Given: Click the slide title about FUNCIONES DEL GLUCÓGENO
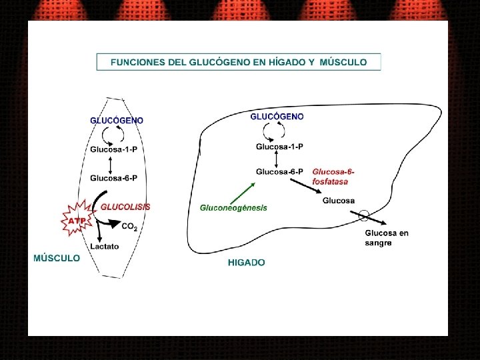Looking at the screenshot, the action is pyautogui.click(x=239, y=62).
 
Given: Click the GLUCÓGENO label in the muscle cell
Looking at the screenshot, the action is pyautogui.click(x=117, y=120).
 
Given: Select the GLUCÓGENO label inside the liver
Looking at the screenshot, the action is pyautogui.click(x=277, y=116).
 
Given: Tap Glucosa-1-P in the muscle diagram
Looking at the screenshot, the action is pyautogui.click(x=114, y=149).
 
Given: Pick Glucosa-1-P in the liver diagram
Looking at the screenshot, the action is pyautogui.click(x=280, y=147).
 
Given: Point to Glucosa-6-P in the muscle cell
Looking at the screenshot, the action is pyautogui.click(x=114, y=178).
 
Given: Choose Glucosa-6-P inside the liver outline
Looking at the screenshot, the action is pyautogui.click(x=279, y=171).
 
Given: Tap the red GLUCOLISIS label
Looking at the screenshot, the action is pyautogui.click(x=125, y=207).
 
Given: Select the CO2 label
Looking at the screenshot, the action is pyautogui.click(x=129, y=227).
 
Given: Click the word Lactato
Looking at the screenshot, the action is pyautogui.click(x=105, y=246).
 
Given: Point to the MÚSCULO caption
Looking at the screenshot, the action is pyautogui.click(x=57, y=258).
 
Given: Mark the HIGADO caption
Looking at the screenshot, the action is pyautogui.click(x=246, y=263).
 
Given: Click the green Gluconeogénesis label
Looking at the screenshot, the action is pyautogui.click(x=233, y=207).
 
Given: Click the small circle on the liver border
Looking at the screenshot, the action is pyautogui.click(x=363, y=215).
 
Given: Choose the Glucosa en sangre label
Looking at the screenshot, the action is pyautogui.click(x=387, y=238).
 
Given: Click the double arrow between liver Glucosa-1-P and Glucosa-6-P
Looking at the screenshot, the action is pyautogui.click(x=277, y=159).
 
